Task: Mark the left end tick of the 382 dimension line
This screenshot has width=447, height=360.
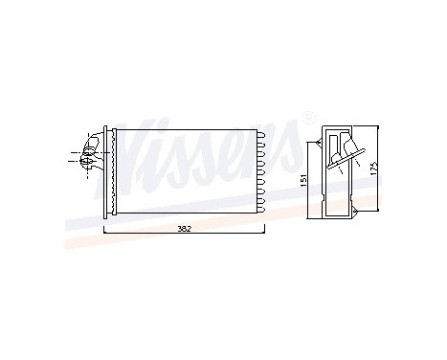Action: pyautogui.click(x=103, y=231)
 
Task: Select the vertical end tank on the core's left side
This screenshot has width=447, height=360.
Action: pyautogui.click(x=109, y=169)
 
